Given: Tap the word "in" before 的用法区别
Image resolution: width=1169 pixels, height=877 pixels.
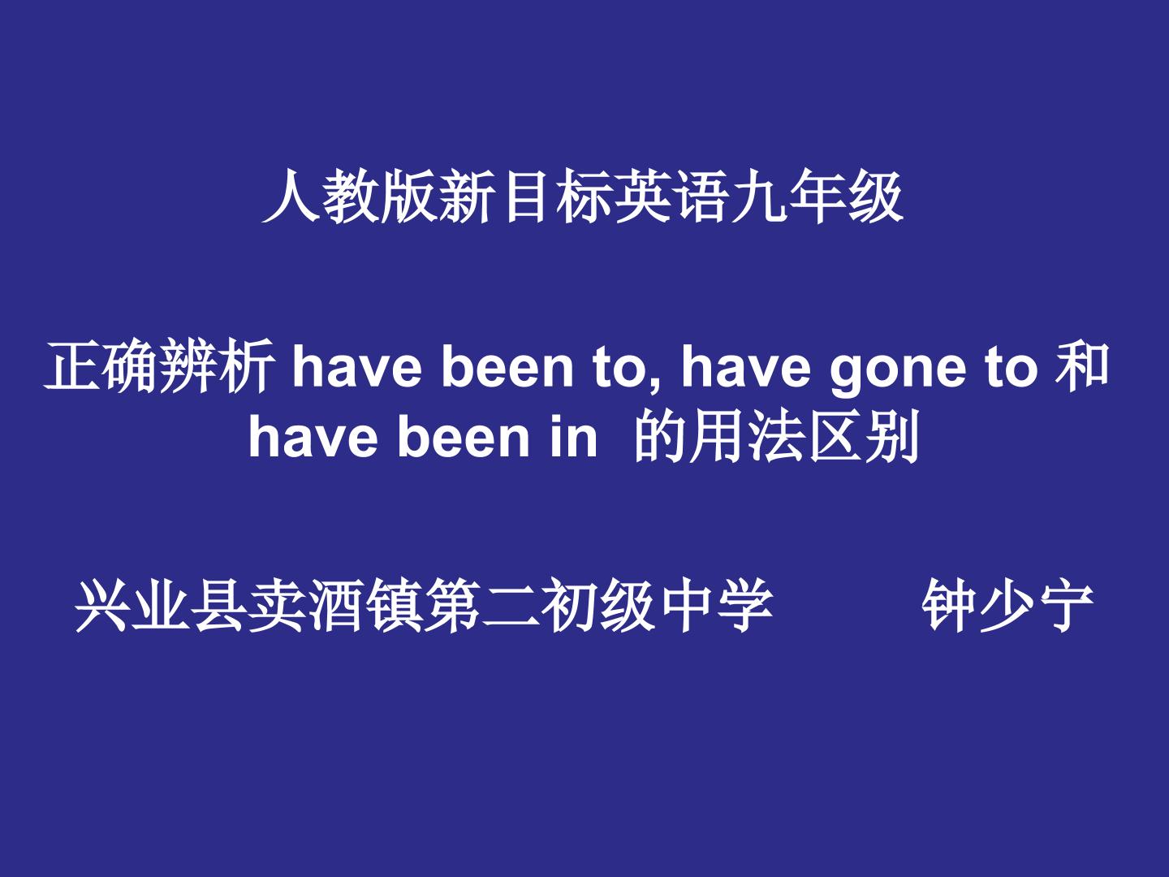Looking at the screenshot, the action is [x=574, y=438].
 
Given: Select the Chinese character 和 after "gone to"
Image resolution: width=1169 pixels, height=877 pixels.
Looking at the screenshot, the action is [x=1082, y=365].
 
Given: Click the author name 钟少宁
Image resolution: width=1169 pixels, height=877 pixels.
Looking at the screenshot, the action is [x=1007, y=605].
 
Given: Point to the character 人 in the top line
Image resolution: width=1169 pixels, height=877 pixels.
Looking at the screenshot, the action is [x=291, y=196].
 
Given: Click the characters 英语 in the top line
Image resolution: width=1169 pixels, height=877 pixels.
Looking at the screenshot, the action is [x=671, y=196].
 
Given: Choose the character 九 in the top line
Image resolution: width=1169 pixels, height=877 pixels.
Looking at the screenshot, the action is [x=758, y=196].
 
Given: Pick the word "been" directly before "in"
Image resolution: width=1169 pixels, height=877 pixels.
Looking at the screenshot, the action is [x=464, y=438].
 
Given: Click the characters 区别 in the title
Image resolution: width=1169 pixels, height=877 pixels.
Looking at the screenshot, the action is [x=863, y=437].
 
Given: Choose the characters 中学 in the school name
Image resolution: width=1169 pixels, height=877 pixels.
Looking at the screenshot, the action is [x=715, y=605].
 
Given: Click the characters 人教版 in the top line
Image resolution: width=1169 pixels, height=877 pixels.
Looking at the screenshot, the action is [x=349, y=196].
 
